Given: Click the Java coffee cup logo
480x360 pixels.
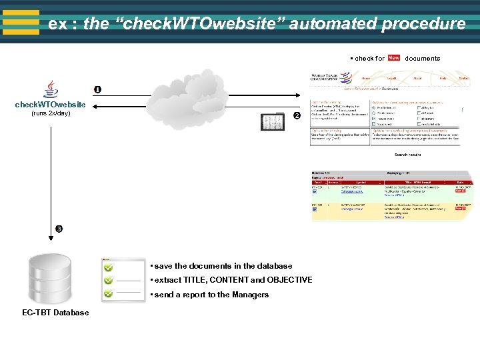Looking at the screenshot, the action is point(50,90).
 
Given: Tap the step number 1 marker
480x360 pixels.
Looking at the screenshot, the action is point(97,90).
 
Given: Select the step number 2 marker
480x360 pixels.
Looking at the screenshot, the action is point(297,117).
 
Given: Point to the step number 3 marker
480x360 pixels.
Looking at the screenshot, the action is point(59,229).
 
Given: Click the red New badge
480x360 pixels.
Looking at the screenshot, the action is point(394,58).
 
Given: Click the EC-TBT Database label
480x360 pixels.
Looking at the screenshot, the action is point(55,313).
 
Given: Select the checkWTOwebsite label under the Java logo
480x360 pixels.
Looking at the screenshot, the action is point(51,105).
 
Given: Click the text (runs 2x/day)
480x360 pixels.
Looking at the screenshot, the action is point(51,113).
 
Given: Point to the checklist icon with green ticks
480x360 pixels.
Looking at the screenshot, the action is point(122,279).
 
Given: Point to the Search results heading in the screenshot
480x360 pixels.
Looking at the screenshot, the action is point(407,155).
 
